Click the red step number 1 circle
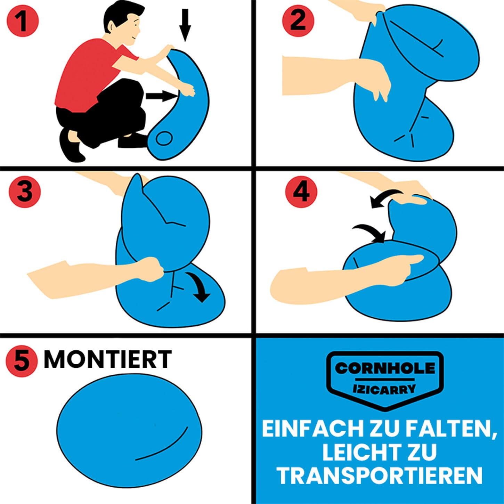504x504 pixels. coord(23,21)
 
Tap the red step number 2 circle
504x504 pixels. coord(298,21)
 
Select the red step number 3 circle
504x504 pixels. coord(25,192)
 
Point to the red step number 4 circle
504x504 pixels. coord(301,192)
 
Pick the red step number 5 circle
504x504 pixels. coord(22,361)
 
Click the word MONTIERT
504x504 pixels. coord(108,359)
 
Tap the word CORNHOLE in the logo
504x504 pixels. coord(385,368)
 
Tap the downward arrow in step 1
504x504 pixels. coord(185,25)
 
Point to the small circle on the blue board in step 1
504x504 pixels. coord(164,139)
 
